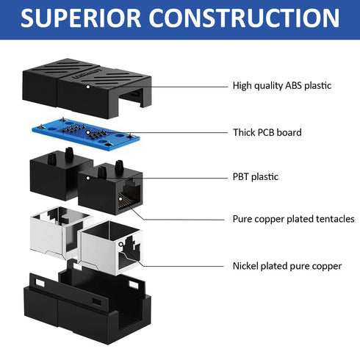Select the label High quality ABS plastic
[x=282, y=86]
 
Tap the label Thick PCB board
[x=267, y=133]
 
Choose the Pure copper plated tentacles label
[x=293, y=219]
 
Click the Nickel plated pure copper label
[x=287, y=266]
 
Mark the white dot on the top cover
[x=87, y=86]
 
